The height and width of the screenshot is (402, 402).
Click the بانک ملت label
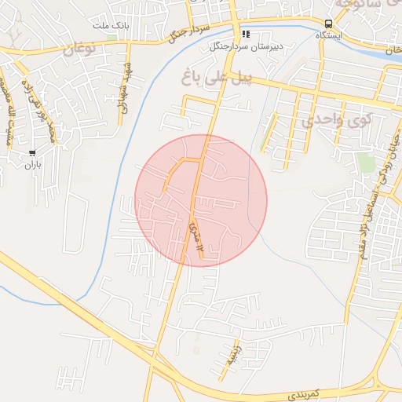click(x=111, y=26)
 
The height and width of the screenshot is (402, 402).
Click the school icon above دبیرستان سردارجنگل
click(x=247, y=34)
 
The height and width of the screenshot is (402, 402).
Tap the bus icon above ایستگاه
click(x=327, y=24)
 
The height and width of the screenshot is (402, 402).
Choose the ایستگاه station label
click(x=328, y=36)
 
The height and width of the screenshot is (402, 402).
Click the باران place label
click(x=31, y=165)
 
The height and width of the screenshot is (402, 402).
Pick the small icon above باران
click(x=31, y=153)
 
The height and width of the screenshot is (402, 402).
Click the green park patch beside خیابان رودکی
click(x=365, y=162)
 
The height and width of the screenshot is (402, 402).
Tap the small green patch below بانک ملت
click(x=111, y=36)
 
